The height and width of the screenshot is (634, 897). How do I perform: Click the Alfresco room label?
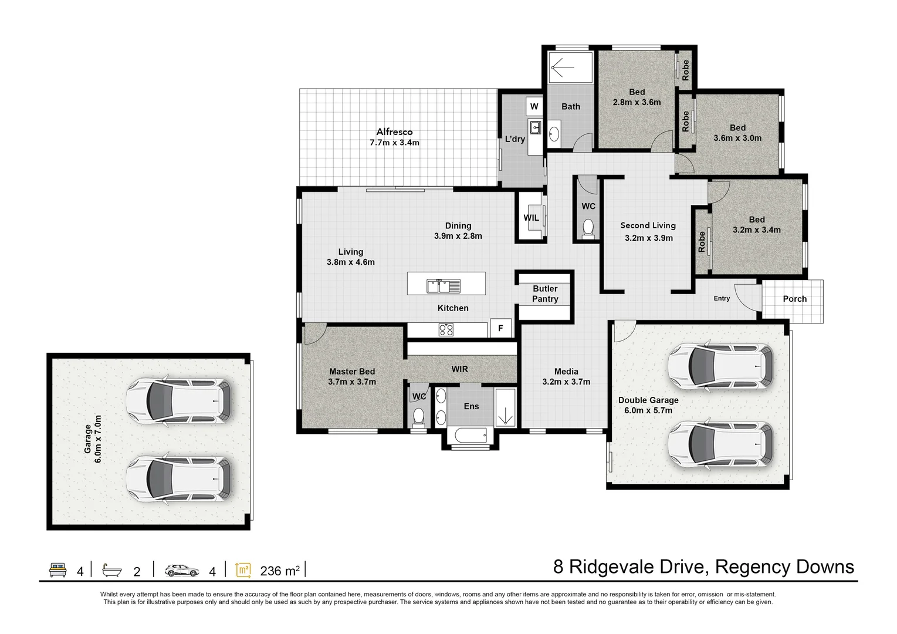point(394,132)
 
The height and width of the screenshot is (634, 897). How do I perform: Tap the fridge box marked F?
point(500,328)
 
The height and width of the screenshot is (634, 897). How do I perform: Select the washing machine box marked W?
point(534,106)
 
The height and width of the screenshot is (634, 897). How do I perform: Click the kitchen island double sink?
point(444,286)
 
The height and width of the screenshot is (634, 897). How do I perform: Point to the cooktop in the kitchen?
point(446,329)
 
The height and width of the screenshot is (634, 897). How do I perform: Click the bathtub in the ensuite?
point(471,436)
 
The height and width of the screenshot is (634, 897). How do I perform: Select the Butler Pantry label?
point(545,294)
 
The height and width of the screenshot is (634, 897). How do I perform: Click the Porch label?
point(795,299)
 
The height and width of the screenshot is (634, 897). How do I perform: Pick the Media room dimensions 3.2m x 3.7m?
point(566,382)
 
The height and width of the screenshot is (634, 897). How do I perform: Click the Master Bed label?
point(352,372)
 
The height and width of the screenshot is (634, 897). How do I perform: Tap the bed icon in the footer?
point(57,569)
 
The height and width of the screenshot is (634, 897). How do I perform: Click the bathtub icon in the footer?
point(112,570)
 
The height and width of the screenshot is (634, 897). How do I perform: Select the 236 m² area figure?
point(280,570)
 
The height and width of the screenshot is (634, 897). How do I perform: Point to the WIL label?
point(531,218)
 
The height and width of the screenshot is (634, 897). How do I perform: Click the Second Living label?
point(648,225)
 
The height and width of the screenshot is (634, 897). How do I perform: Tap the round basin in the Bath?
point(554,134)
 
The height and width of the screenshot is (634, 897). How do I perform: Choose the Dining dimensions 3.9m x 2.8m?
point(458,236)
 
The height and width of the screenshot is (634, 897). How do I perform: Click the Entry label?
point(722,298)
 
